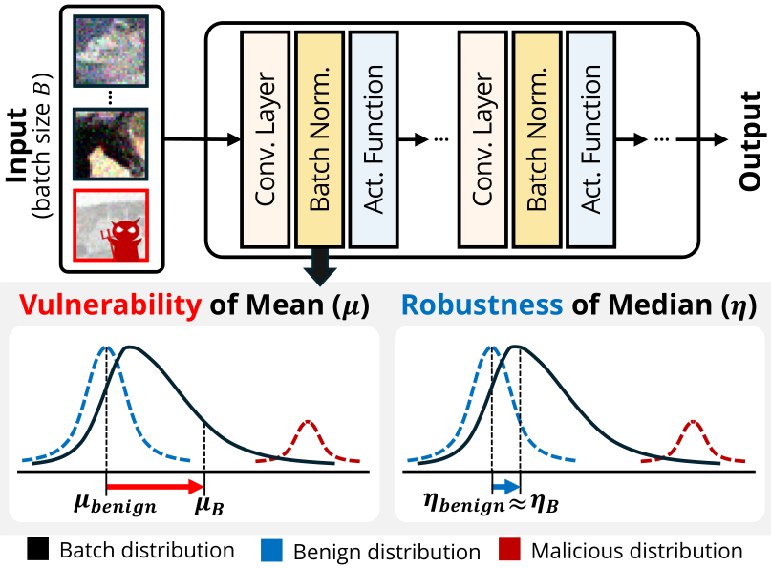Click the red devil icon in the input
coord(122,229)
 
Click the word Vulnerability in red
coord(108,305)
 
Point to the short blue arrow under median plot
coord(505,485)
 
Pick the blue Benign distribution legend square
coord(270,551)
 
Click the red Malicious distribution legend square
coord(508,551)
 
